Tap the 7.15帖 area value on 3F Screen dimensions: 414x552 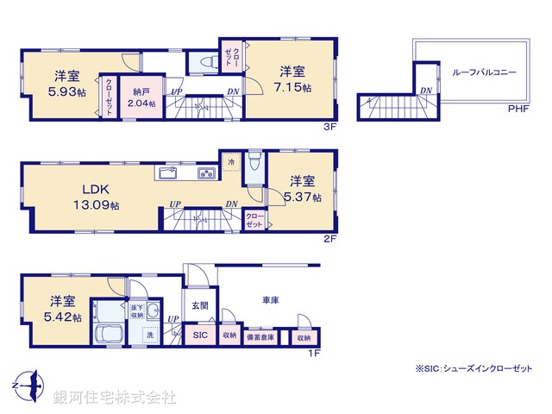click(x=290, y=87)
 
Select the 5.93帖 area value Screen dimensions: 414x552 click(x=67, y=91)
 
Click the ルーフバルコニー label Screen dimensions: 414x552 click(x=484, y=73)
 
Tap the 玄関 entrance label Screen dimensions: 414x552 click(x=199, y=304)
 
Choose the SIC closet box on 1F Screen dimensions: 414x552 click(x=199, y=336)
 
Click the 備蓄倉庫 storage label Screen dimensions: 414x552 click(x=261, y=337)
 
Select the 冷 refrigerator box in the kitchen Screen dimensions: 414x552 click(x=230, y=160)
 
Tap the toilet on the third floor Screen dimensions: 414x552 click(x=204, y=62)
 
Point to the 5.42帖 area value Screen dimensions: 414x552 click(x=66, y=317)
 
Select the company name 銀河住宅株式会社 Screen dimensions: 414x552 click(x=115, y=398)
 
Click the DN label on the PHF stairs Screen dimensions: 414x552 click(x=425, y=91)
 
